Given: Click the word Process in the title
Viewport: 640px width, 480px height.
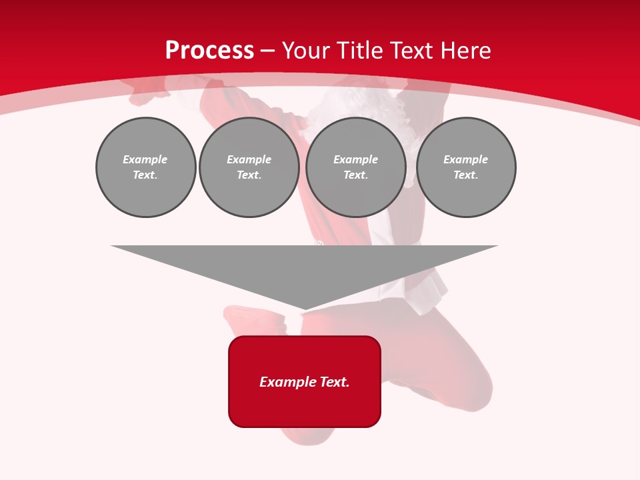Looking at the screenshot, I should tap(209, 51).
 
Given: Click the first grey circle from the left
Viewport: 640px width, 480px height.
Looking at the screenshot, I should tap(146, 167).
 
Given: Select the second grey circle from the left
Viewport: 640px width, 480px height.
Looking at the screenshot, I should tap(249, 167).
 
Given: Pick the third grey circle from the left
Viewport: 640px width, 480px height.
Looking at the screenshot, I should tap(356, 167).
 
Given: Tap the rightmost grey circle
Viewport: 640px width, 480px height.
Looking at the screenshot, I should tap(466, 167).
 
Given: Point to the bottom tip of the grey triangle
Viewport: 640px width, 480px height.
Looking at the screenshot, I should tap(305, 309).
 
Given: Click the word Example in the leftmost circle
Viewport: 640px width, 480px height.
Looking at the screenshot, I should tap(145, 159).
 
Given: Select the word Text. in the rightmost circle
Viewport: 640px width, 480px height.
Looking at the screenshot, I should tap(466, 175).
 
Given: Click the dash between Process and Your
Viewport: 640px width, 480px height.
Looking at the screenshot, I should tap(267, 51).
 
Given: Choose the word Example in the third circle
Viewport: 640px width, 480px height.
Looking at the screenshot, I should tap(356, 159).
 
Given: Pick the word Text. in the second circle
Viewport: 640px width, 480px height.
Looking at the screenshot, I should tap(249, 175).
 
